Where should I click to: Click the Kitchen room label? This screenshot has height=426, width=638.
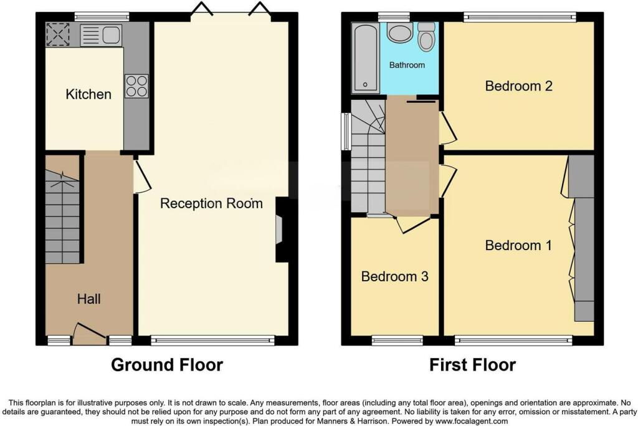click(x=88, y=94)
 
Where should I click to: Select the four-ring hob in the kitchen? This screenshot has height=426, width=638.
click(x=136, y=86)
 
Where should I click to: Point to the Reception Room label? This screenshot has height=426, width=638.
click(x=211, y=203)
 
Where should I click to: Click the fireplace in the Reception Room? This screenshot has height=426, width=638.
click(x=280, y=230)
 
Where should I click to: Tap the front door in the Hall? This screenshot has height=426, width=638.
click(x=89, y=334)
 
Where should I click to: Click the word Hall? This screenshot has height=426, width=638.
click(x=89, y=299)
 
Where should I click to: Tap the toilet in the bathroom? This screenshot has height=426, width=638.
click(x=427, y=37)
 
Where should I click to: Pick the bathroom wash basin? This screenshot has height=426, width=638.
click(x=399, y=32)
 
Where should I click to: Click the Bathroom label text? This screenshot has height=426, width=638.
click(x=407, y=65)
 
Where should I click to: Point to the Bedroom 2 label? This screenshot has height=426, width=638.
click(x=518, y=86)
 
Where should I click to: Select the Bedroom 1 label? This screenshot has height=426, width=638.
click(x=518, y=245)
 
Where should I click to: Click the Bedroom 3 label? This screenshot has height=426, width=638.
click(x=394, y=276)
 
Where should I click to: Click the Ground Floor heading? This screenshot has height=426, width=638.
click(x=166, y=365)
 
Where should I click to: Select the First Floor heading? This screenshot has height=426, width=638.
click(x=472, y=365)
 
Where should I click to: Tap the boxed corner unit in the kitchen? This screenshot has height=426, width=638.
click(x=58, y=35)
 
